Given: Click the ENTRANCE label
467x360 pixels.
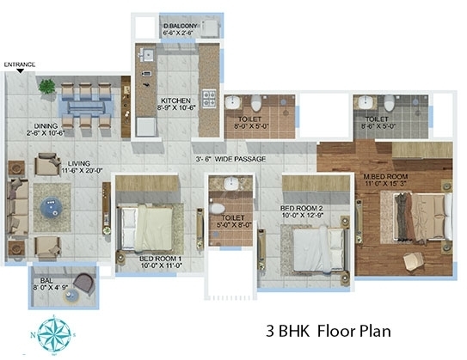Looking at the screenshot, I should pyautogui.click(x=19, y=64).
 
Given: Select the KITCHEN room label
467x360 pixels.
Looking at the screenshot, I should pyautogui.click(x=176, y=104).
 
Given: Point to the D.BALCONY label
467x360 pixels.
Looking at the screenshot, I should pyautogui.click(x=181, y=31).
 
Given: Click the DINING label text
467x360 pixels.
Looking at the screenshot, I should pyautogui.click(x=39, y=128).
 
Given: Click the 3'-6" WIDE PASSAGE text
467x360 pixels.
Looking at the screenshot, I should pyautogui.click(x=230, y=160).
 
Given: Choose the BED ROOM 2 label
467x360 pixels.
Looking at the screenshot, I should pyautogui.click(x=301, y=211).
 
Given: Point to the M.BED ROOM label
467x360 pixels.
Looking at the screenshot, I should pyautogui.click(x=385, y=180).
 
